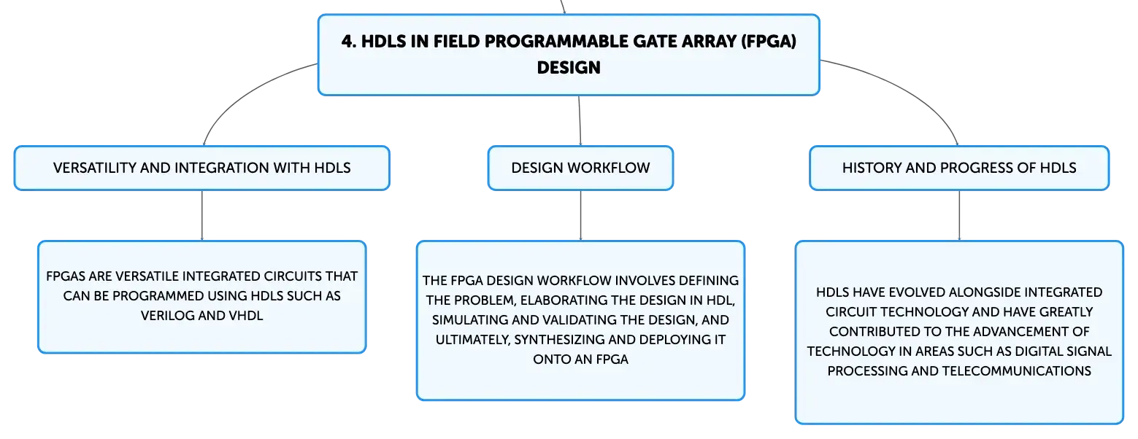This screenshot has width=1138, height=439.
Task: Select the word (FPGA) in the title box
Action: coord(769,42)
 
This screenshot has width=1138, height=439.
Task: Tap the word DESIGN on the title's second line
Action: coord(569,68)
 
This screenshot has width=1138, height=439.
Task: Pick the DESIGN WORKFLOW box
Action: coord(581,168)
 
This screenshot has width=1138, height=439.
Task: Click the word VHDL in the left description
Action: coord(246,316)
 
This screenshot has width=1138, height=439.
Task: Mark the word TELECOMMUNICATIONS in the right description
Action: coord(1017,371)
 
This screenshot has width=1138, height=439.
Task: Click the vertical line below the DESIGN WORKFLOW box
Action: coord(581,216)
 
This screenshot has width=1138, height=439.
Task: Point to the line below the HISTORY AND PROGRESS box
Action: coord(959,216)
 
